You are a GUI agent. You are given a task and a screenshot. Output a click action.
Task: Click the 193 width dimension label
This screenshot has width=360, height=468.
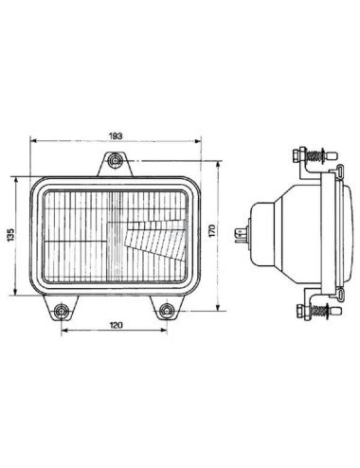pos(116,136)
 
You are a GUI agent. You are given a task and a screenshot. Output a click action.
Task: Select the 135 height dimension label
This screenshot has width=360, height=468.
pos(11,235)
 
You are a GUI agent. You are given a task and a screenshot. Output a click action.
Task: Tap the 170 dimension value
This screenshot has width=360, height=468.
pos(212,231)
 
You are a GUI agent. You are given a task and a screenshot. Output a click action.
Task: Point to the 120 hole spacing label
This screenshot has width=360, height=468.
pos(116,325)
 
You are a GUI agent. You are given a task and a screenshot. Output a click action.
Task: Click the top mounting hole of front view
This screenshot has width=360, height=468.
pos(115,161)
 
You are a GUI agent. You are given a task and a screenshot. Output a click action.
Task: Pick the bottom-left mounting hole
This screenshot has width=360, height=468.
pos(61,311)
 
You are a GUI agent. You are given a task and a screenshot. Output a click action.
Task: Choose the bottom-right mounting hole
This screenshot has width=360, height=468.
pos(167,311)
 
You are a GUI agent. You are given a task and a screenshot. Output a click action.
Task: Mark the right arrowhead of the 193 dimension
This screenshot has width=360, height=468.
pos(198,141)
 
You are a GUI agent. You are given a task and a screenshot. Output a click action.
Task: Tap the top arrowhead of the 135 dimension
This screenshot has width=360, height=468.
pos(15,180)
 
